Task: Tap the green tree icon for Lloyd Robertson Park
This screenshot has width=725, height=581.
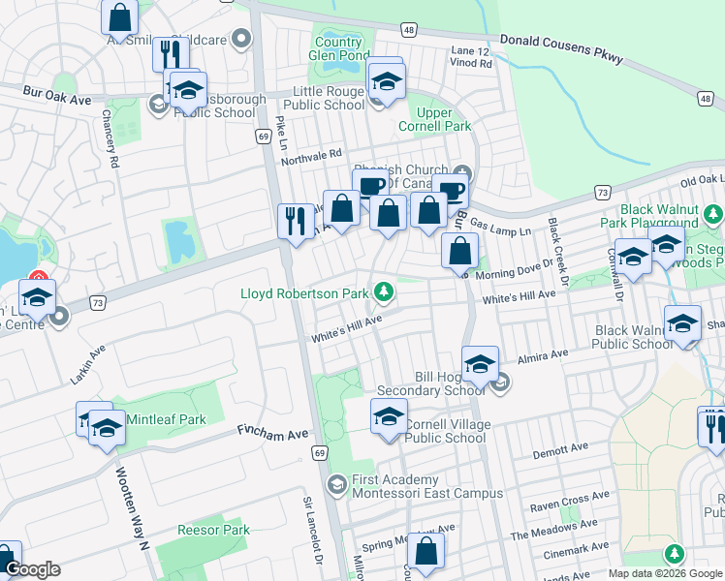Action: [x=385, y=290]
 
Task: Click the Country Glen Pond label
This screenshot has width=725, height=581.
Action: [x=338, y=48]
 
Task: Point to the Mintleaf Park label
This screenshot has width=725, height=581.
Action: [x=165, y=419]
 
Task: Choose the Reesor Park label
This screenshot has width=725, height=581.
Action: [x=214, y=530]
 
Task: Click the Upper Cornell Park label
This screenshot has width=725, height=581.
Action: [x=434, y=119]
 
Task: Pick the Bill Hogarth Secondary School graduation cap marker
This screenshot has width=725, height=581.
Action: [x=480, y=364]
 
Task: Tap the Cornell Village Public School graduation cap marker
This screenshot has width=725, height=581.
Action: [x=390, y=417]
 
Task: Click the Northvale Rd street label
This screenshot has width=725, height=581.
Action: [x=311, y=155]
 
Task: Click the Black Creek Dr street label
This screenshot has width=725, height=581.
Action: [x=557, y=247]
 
